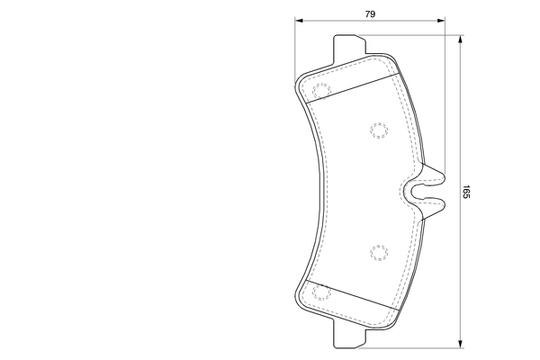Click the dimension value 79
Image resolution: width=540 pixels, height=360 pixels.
[x=369, y=13]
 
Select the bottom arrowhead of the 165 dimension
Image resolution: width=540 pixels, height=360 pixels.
[x=460, y=343]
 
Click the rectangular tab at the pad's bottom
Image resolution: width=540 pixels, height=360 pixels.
[x=349, y=337]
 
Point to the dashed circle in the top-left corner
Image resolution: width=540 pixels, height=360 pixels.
[x=320, y=92]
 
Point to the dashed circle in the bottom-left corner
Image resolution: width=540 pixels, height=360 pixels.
[x=320, y=291]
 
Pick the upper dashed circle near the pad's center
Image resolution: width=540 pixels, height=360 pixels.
[x=378, y=131]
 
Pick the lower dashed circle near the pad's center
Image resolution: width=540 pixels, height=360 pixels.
[x=378, y=253]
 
